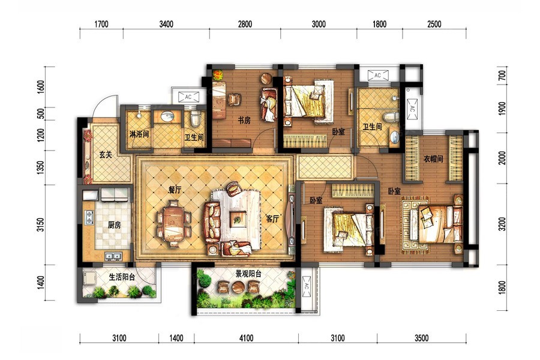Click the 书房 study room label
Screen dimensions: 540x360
[x=244, y=120]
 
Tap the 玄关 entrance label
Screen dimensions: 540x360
[x=106, y=155]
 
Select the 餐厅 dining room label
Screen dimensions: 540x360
[x=175, y=190]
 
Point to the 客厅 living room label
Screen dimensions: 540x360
[x=272, y=218]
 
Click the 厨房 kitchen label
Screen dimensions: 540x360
[x=115, y=226]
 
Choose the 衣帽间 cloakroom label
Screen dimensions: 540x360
[x=433, y=159]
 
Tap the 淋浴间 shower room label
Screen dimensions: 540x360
[x=139, y=134]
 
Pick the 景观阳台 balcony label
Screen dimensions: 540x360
[x=248, y=274]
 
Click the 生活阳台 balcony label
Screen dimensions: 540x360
[x=122, y=277]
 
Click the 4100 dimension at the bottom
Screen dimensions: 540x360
[x=246, y=338]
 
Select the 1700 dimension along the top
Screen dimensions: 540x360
[x=101, y=24]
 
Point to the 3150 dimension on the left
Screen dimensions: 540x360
[x=41, y=224]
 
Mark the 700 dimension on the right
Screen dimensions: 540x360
[x=502, y=76]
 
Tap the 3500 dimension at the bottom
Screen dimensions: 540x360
[x=422, y=338]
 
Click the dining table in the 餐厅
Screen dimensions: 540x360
[x=174, y=224]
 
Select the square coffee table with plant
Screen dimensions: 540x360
[x=237, y=218]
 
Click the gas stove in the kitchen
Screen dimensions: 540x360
[x=89, y=218]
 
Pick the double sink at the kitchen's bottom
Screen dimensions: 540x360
[x=113, y=256]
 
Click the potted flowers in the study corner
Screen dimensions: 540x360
[x=218, y=75]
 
